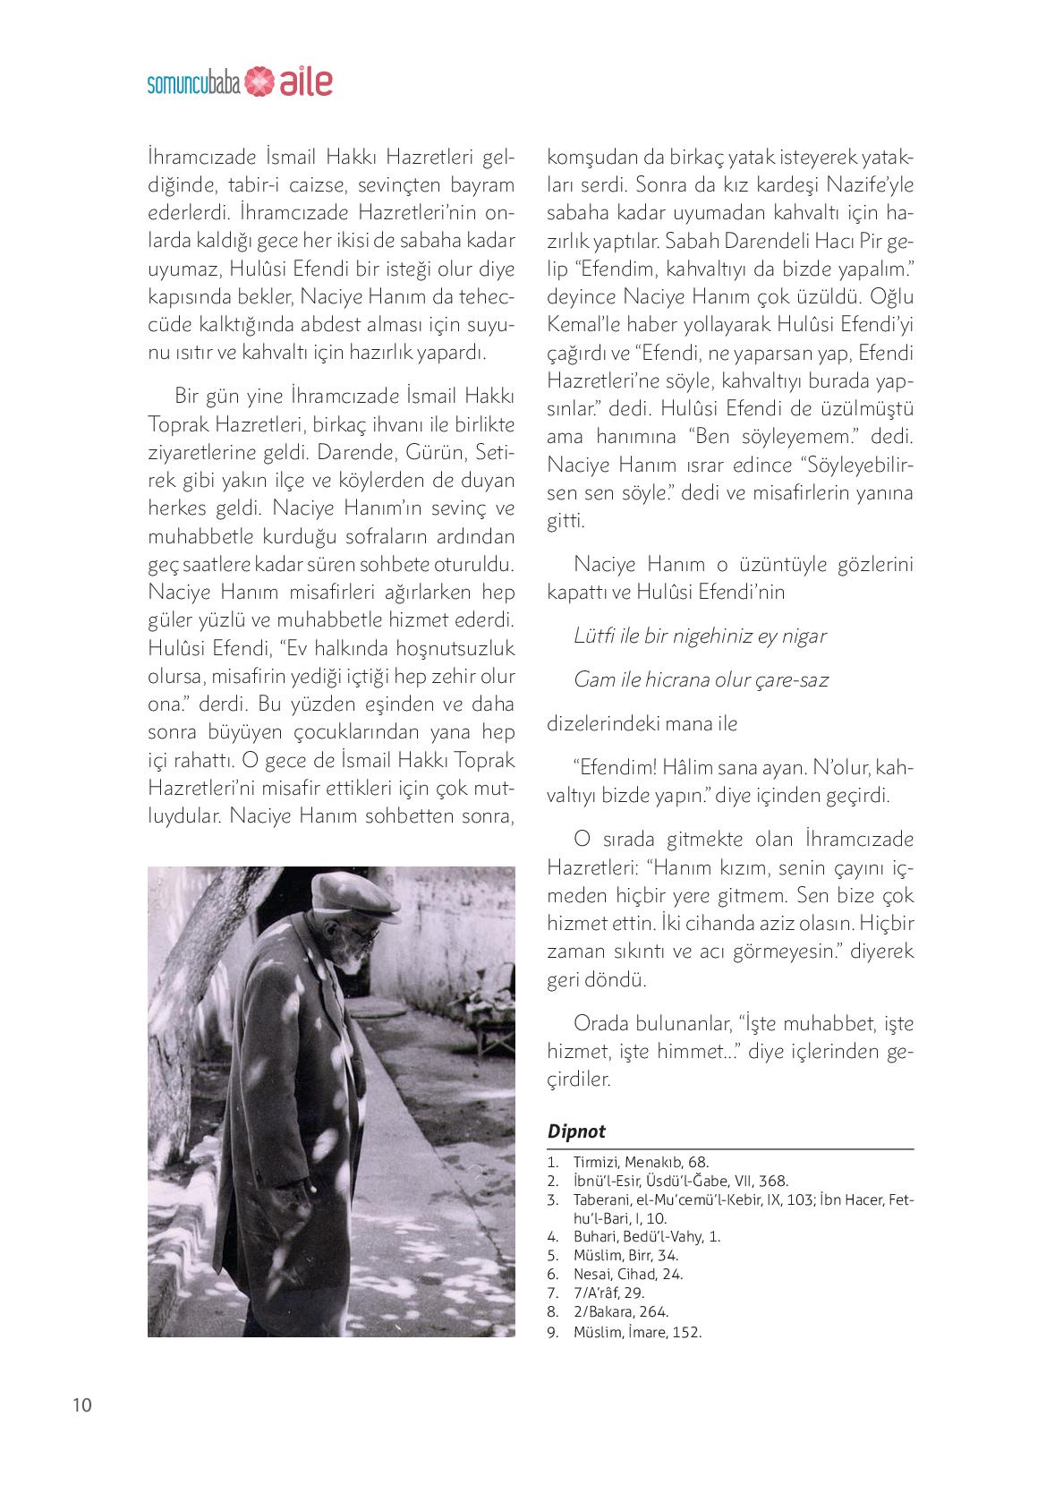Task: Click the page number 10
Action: pos(81,1404)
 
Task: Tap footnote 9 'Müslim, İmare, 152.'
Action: pos(637,1331)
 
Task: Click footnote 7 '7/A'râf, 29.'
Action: pos(608,1293)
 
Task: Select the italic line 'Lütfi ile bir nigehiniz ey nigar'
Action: pos(700,636)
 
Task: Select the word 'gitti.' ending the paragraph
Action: pos(566,521)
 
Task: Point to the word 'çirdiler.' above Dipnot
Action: pos(578,1080)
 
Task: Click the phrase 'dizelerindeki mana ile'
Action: pos(642,723)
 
